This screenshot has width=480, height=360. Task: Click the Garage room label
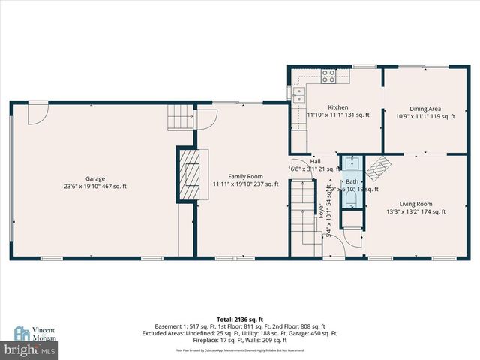tap(94, 178)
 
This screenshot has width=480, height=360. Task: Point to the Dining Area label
tap(425, 108)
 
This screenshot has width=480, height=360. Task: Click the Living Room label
tap(415, 204)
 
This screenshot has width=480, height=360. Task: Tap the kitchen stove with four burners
tap(328, 74)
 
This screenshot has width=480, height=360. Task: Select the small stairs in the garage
tap(179, 118)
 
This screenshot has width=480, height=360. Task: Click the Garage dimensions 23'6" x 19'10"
tap(94, 186)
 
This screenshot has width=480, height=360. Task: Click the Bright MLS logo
tap(29, 350)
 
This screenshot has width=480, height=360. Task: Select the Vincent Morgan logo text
tap(43, 333)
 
